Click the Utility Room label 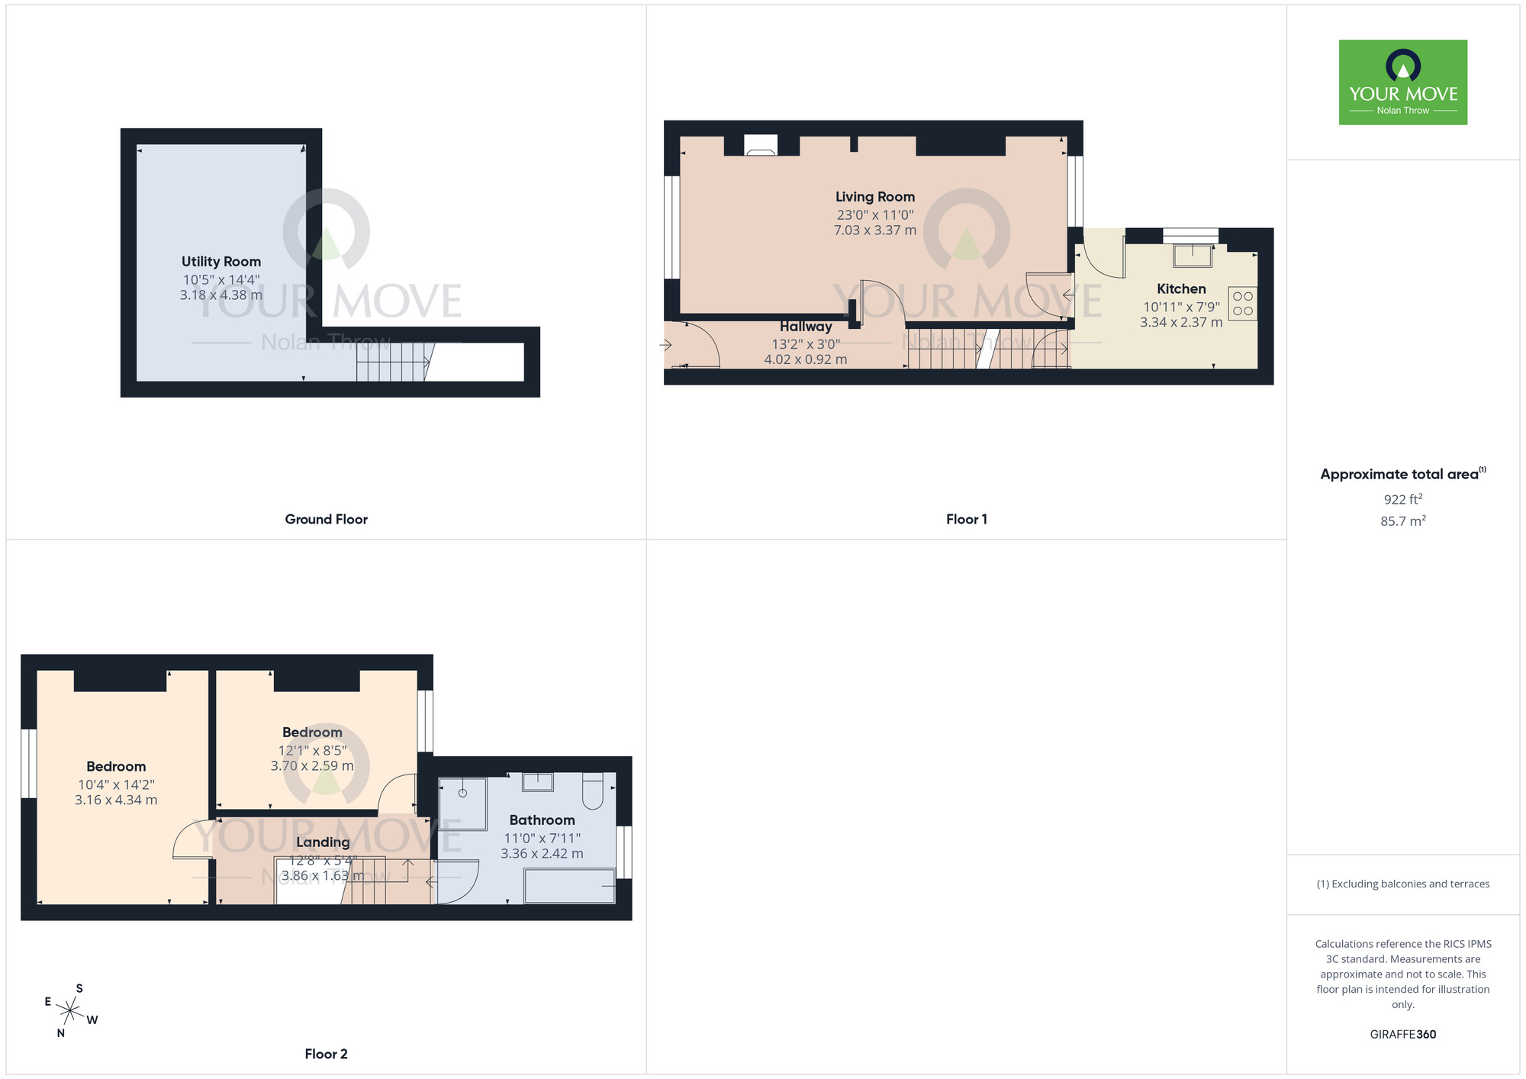(221, 262)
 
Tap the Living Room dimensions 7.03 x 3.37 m (874, 230)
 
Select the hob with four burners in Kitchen (1242, 303)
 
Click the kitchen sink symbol (1192, 255)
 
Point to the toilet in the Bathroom (593, 791)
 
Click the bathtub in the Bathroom (569, 886)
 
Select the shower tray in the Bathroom (462, 804)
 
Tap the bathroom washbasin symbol (537, 781)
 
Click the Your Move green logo (1402, 82)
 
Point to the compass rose (69, 1012)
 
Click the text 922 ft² (1402, 499)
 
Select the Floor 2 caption (326, 1054)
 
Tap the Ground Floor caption (326, 519)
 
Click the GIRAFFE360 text (1402, 1035)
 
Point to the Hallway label (805, 327)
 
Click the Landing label (323, 842)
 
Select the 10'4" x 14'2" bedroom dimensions (116, 784)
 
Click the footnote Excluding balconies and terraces (1402, 884)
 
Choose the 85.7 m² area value (1402, 521)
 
